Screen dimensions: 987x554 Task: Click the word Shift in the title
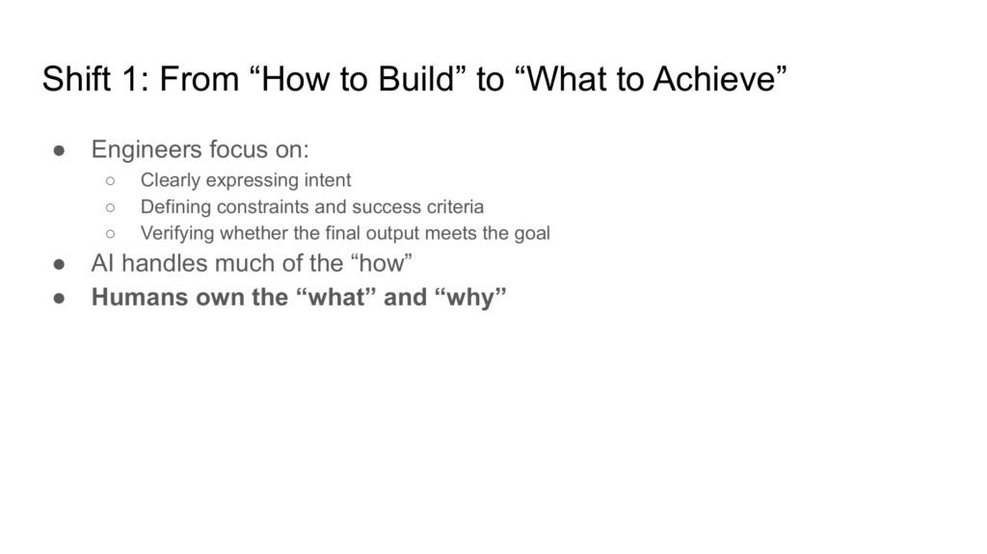76,79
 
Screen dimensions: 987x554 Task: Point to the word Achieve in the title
714,79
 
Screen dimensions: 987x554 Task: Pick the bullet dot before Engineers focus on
59,150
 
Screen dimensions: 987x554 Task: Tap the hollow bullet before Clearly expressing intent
111,181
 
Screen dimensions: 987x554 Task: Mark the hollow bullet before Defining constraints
111,208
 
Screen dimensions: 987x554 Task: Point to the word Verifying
177,233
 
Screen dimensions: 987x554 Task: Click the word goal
532,234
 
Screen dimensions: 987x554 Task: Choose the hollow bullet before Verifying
111,234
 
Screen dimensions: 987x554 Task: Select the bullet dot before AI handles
59,264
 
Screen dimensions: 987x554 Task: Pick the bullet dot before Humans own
59,299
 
